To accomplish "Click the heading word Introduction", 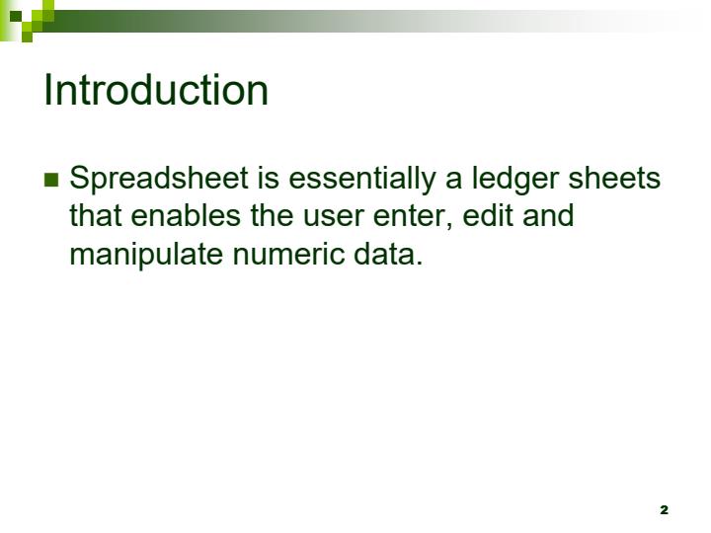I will coord(156,90).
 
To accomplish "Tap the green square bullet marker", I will coord(51,180).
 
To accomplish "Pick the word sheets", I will coord(619,180).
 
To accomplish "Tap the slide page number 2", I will coord(664,509).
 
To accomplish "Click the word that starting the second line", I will coord(96,216).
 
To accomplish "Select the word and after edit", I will coord(548,216).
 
